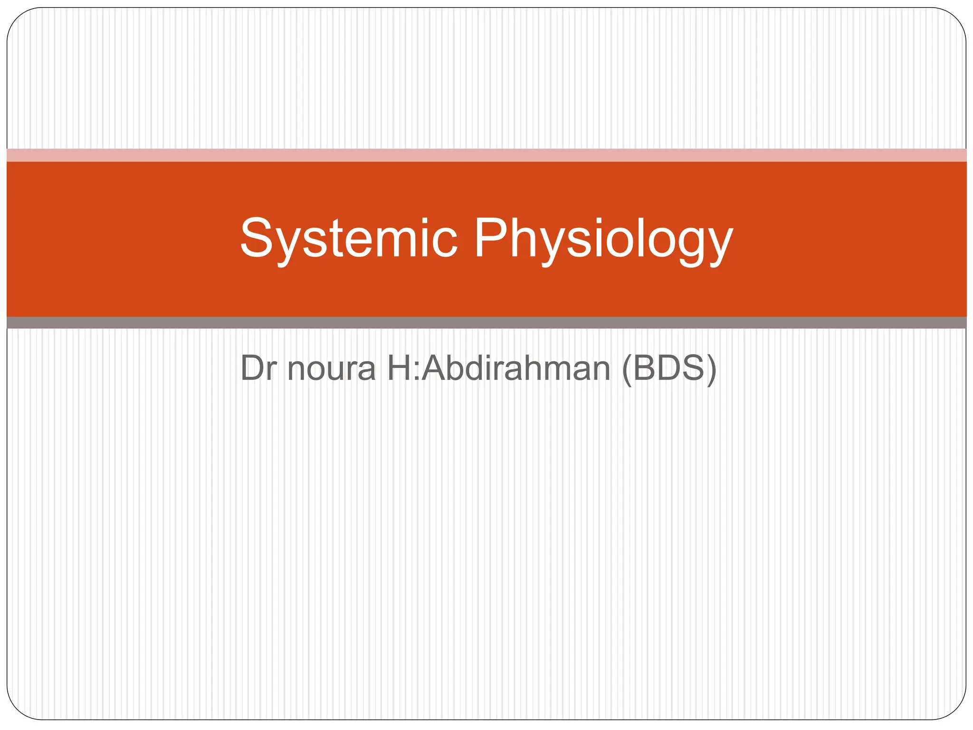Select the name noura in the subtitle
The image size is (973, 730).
click(x=331, y=368)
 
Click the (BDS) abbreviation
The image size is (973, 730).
click(x=669, y=368)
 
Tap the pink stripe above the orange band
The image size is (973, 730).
click(x=486, y=155)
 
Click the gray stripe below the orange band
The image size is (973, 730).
click(x=486, y=323)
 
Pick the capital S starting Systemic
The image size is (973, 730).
click(x=257, y=238)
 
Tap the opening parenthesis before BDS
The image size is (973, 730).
click(x=627, y=369)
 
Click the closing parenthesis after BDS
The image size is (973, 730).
click(x=711, y=369)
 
